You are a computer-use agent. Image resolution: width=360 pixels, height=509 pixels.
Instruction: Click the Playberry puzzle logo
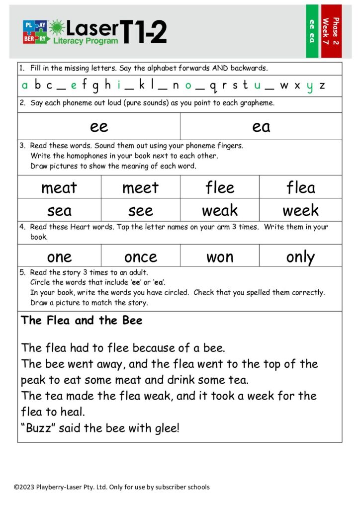pyautogui.click(x=35, y=32)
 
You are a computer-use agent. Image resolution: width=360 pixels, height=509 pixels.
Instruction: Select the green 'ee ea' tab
pyautogui.click(x=312, y=31)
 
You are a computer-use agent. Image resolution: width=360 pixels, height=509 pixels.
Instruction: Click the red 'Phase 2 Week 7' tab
pyautogui.click(x=331, y=31)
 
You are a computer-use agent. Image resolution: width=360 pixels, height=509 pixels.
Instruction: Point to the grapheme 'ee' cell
pyautogui.click(x=99, y=126)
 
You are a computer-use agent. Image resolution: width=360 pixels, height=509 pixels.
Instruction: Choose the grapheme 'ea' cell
pyautogui.click(x=261, y=126)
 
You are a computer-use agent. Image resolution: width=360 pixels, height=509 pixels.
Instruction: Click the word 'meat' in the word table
pyautogui.click(x=59, y=187)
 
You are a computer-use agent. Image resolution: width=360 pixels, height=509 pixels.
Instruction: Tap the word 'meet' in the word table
pyautogui.click(x=140, y=187)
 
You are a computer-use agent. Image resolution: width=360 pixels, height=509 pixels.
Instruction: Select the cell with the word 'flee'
pyautogui.click(x=220, y=187)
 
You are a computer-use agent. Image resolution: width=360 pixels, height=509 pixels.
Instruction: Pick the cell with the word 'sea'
pyautogui.click(x=59, y=210)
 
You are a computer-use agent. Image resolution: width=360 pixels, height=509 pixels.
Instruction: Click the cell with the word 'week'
pyautogui.click(x=300, y=210)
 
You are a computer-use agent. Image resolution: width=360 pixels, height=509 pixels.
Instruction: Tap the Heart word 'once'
pyautogui.click(x=140, y=256)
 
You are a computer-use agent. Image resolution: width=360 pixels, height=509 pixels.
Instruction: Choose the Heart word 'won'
pyautogui.click(x=220, y=256)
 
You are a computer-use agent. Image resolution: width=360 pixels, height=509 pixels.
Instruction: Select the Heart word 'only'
pyautogui.click(x=300, y=256)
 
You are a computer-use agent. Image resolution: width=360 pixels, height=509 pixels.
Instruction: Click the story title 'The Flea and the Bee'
pyautogui.click(x=82, y=321)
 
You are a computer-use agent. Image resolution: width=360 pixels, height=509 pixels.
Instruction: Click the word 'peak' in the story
pyautogui.click(x=33, y=380)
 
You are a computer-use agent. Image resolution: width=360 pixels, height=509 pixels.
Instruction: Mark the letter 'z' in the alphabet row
pyautogui.click(x=322, y=85)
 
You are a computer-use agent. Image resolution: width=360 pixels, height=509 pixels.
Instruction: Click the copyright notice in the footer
pyautogui.click(x=111, y=487)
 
